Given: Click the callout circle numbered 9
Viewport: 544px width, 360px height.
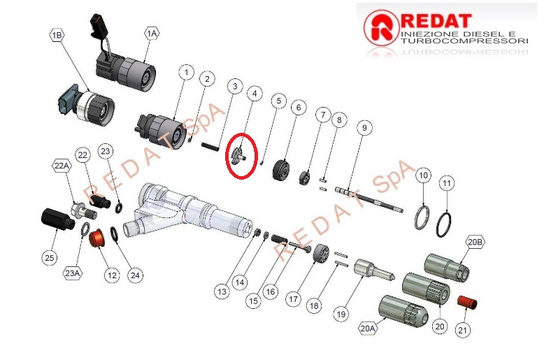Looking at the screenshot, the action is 364,128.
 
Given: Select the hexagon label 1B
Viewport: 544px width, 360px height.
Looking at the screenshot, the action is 57,35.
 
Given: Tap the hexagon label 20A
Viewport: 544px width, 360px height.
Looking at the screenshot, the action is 367,328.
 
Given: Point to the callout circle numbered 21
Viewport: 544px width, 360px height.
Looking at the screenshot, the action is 462,329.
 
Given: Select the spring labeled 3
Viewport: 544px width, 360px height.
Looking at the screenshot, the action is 210,146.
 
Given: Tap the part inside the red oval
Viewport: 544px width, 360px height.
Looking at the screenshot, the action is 238,155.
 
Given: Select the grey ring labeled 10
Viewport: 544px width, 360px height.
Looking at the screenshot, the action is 422,217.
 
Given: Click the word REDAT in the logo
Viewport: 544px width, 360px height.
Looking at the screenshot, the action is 436,21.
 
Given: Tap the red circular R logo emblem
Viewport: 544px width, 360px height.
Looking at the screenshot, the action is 381,27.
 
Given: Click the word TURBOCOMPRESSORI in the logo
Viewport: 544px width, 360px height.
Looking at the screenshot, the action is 464,41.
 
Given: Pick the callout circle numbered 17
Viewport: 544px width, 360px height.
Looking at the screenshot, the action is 293,298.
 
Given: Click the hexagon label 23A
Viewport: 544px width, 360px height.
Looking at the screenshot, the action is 73,273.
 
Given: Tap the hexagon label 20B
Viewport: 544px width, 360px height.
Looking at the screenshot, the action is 475,242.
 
